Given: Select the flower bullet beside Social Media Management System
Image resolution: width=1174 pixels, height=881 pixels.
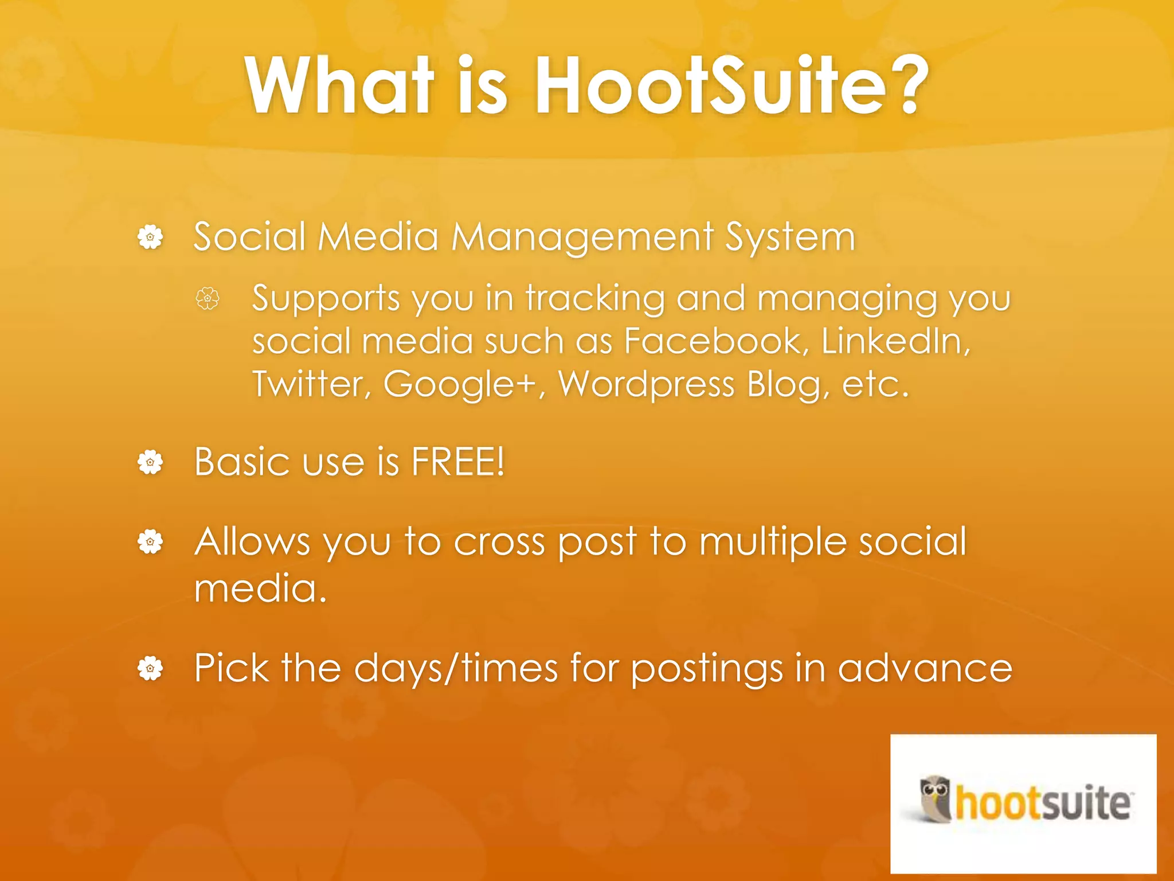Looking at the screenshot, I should click(x=150, y=237).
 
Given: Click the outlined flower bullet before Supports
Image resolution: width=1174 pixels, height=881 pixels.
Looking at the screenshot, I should click(x=207, y=298).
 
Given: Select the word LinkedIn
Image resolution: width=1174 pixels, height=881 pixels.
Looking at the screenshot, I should click(x=894, y=341).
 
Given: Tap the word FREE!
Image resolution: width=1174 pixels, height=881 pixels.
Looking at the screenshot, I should click(x=458, y=462).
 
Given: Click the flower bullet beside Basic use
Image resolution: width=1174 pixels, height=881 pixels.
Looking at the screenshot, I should click(x=150, y=462).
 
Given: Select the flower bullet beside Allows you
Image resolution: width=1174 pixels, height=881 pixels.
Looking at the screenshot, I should click(x=150, y=542).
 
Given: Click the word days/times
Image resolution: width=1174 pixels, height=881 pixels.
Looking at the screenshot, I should click(x=456, y=669).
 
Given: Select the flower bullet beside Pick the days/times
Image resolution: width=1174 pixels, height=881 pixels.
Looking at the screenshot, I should click(x=150, y=668).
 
